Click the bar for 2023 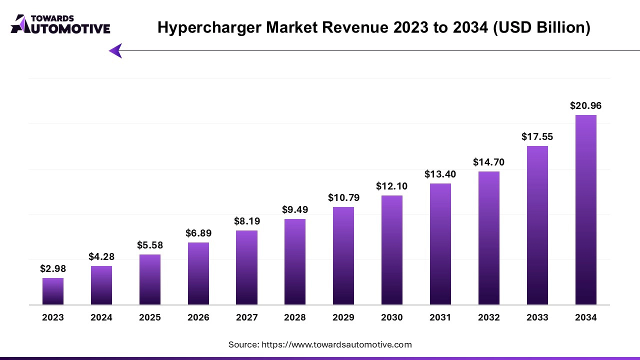(53, 291)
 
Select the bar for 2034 (586, 210)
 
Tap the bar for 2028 (295, 262)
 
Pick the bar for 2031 (440, 244)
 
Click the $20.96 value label (586, 105)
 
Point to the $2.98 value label (53, 268)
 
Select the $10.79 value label (343, 197)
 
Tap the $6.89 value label (198, 233)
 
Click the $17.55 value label (537, 136)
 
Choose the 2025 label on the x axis (150, 317)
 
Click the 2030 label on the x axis (392, 317)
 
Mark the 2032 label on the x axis (489, 317)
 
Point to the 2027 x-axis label (246, 317)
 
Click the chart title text (373, 28)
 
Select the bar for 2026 (198, 273)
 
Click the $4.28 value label (101, 256)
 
